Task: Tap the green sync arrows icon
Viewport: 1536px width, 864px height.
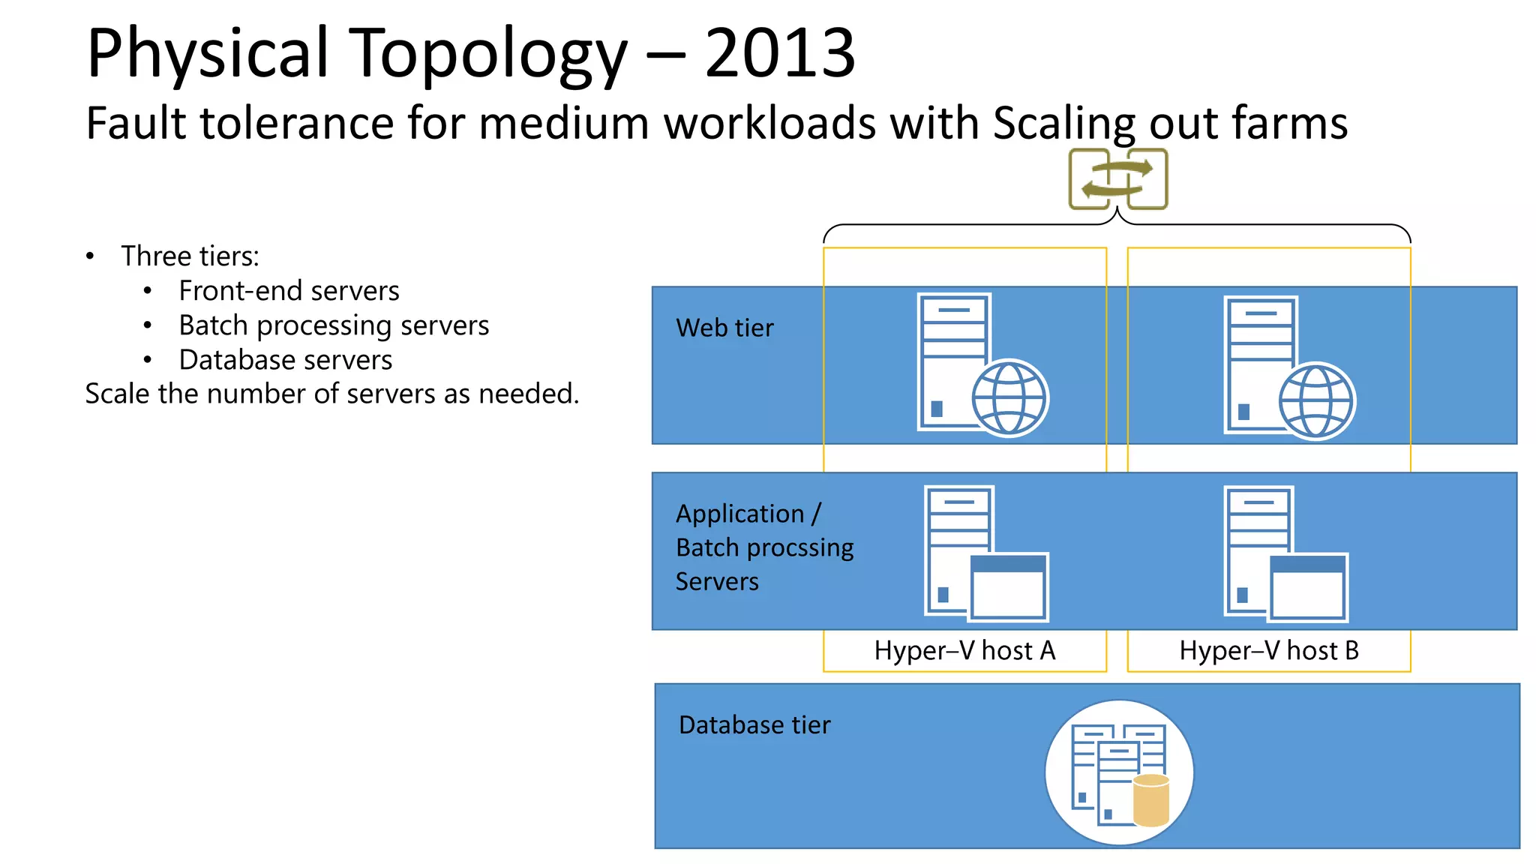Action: (x=1117, y=179)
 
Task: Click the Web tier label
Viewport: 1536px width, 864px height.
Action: (x=724, y=328)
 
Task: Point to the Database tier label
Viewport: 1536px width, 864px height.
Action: (x=754, y=725)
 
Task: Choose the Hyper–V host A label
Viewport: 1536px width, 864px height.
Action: (x=964, y=650)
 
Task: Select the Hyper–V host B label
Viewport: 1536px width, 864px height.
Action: (x=1269, y=650)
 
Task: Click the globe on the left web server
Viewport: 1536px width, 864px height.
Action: (x=1009, y=397)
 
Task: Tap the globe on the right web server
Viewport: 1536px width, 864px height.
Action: (x=1316, y=400)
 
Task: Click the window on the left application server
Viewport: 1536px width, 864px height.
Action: (x=1008, y=587)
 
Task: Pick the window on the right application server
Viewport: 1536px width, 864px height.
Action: (x=1308, y=587)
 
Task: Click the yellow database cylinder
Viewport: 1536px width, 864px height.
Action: (x=1150, y=799)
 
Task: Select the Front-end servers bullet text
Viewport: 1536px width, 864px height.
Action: (x=289, y=291)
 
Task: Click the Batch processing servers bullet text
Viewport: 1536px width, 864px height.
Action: (x=334, y=325)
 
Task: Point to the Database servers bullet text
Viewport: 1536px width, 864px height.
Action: (x=285, y=360)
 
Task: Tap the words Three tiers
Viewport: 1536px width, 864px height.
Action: (x=190, y=256)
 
